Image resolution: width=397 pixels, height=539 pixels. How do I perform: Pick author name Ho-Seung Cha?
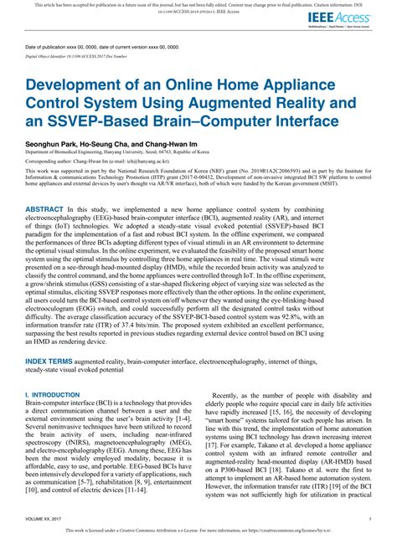(x=101, y=144)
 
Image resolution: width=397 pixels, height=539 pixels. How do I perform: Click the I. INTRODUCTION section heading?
(x=52, y=393)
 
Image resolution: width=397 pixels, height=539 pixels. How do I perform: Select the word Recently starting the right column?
(x=229, y=393)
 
